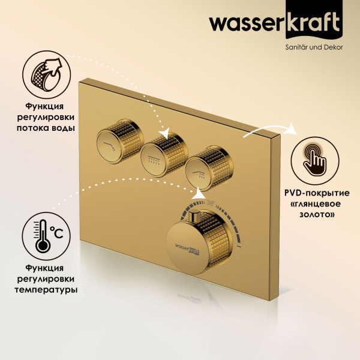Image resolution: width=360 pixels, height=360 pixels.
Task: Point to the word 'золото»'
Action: [314, 214]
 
